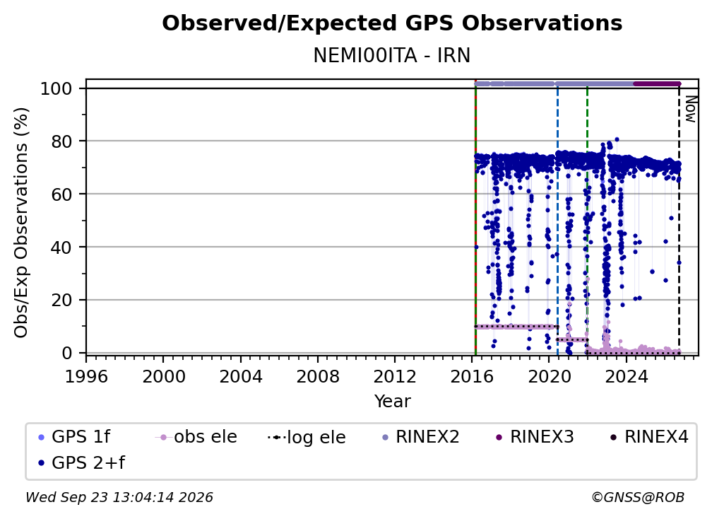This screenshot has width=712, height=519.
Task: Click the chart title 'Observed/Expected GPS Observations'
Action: tap(392, 23)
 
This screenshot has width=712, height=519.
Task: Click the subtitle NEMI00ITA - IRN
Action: tap(392, 55)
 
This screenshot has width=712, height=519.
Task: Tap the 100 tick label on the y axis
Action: tap(57, 88)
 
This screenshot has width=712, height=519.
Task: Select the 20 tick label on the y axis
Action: tap(61, 300)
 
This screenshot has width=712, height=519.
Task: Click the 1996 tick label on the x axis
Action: tap(86, 377)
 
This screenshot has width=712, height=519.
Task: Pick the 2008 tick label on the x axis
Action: tap(317, 377)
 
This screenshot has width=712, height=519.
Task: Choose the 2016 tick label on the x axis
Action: tap(471, 377)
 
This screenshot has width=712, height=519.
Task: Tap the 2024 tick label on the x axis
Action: tap(626, 377)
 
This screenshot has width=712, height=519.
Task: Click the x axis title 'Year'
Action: tap(392, 402)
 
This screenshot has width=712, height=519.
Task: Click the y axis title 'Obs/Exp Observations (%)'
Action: tap(21, 223)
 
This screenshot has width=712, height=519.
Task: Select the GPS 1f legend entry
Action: tap(74, 437)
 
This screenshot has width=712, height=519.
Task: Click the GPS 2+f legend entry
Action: tap(82, 463)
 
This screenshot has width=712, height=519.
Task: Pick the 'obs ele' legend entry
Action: tap(196, 437)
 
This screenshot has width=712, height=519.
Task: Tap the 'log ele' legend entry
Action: tap(307, 437)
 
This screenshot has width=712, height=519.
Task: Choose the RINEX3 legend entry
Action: tap(535, 437)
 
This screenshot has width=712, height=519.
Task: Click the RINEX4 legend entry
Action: tap(649, 437)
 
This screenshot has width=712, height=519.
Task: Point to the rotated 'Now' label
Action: tap(690, 109)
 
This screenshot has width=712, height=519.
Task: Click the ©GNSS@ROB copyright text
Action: tap(638, 498)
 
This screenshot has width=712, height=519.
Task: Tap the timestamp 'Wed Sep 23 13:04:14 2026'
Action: tap(119, 498)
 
